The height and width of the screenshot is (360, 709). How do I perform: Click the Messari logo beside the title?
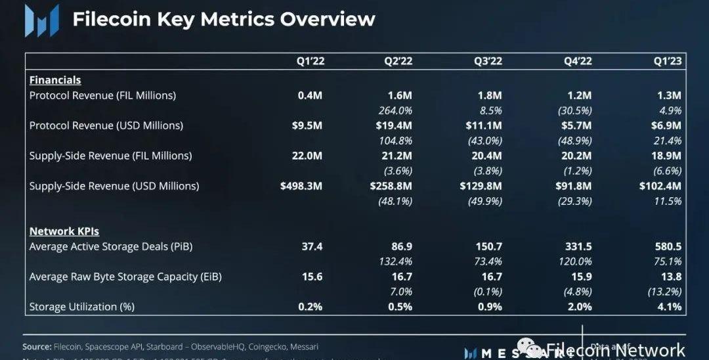41,21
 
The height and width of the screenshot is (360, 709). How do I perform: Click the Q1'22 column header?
311,61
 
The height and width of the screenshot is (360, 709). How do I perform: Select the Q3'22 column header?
488,61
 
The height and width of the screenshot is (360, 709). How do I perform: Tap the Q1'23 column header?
667,61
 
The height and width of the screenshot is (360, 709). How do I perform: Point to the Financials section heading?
55,80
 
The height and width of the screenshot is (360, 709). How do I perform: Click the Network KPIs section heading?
64,231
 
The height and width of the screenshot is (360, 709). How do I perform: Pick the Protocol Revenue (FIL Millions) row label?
102,95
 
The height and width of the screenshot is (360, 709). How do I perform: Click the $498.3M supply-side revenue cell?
301,186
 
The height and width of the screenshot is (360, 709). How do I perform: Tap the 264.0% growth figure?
396,110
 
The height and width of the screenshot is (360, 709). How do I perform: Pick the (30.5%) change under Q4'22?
575,110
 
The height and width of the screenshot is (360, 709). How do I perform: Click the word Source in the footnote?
36,346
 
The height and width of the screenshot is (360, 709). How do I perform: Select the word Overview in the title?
328,19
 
